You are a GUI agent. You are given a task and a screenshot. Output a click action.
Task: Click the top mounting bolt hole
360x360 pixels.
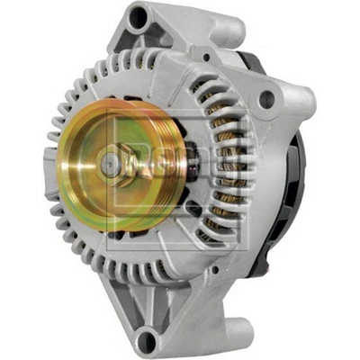point(138,17)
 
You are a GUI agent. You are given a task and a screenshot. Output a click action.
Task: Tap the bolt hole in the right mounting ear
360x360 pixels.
point(267,99)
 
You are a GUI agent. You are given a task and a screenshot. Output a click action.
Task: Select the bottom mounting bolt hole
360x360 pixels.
point(145,339)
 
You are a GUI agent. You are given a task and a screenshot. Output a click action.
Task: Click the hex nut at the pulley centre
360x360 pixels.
point(110,162)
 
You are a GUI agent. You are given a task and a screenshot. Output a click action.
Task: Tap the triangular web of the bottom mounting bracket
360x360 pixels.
point(180,297)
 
